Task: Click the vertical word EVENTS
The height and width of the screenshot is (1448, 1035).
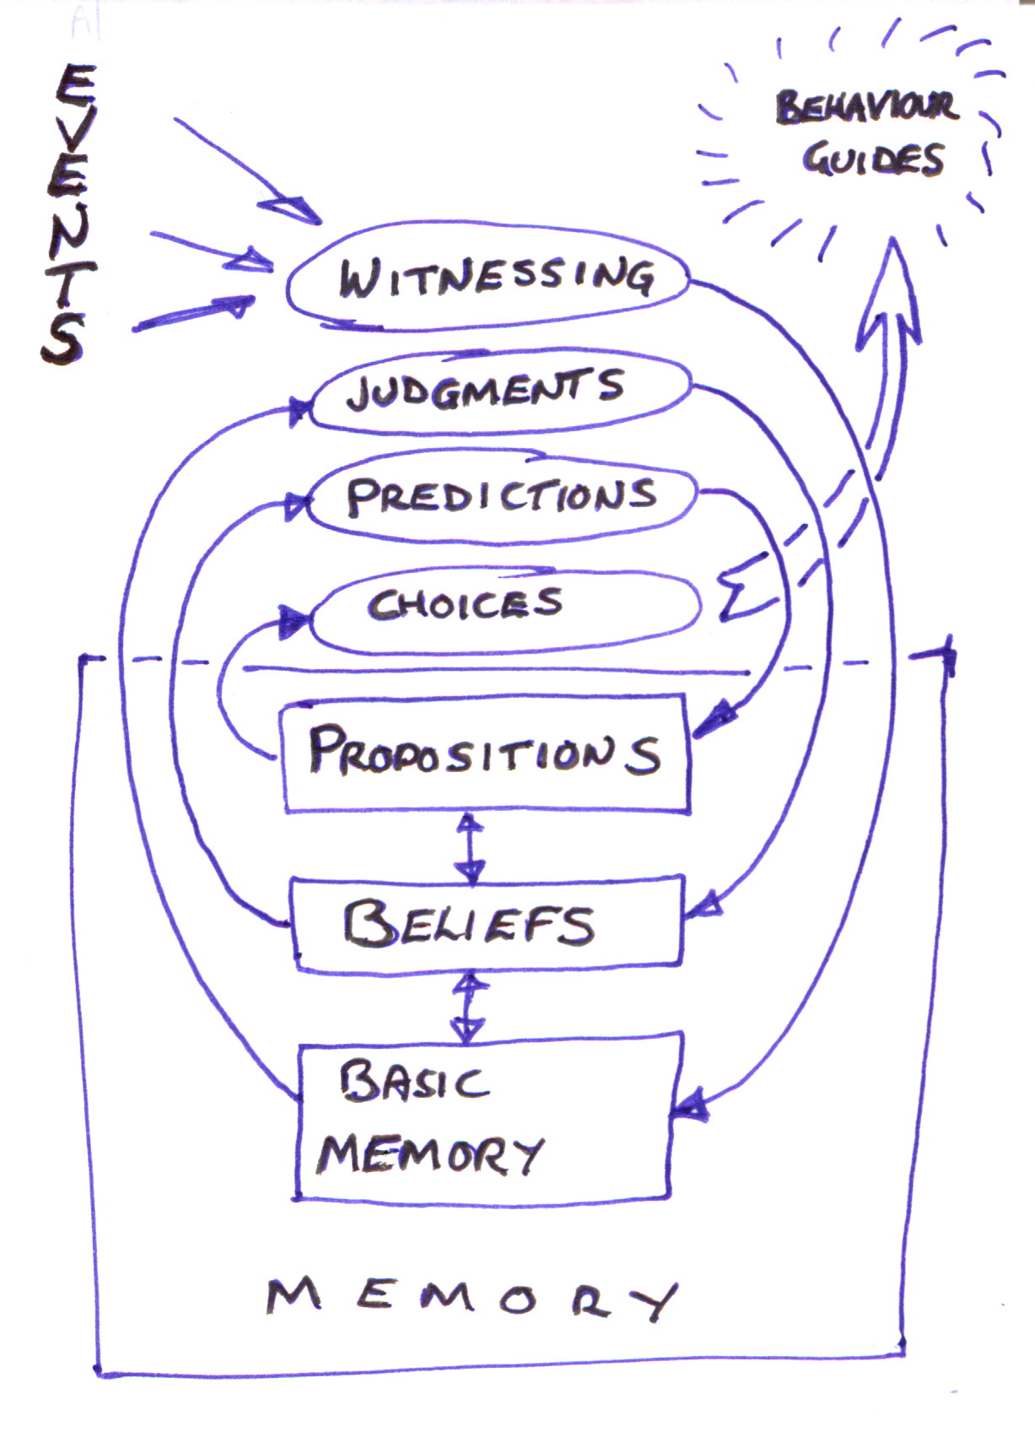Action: [66, 215]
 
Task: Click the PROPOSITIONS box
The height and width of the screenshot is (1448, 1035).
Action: [486, 753]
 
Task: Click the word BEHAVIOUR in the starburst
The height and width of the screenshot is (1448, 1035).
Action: [866, 107]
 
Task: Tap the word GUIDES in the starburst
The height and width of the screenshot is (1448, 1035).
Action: [872, 159]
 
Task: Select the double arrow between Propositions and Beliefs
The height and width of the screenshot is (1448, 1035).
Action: [469, 846]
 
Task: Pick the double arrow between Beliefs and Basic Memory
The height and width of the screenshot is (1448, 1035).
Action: [469, 1008]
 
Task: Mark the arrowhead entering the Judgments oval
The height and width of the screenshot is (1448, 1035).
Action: [299, 411]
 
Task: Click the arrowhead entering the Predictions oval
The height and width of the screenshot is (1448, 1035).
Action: [297, 506]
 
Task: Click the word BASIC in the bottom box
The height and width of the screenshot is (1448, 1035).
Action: [412, 1082]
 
